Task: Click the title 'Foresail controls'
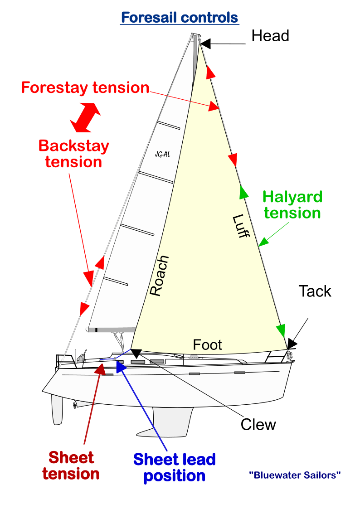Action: [180, 18]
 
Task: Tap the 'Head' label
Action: [270, 36]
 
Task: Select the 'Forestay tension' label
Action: [85, 87]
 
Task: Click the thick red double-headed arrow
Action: [85, 117]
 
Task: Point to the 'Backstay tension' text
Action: [73, 154]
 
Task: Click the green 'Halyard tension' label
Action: [292, 204]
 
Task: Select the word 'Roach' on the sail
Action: [159, 276]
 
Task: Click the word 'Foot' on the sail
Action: [207, 345]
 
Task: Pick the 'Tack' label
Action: [315, 291]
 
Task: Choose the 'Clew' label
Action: [258, 425]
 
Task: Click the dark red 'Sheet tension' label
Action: [71, 465]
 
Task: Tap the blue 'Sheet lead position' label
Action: [174, 467]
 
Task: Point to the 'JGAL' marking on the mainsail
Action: [162, 155]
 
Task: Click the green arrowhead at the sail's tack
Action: [282, 330]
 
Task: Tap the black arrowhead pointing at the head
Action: [205, 44]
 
